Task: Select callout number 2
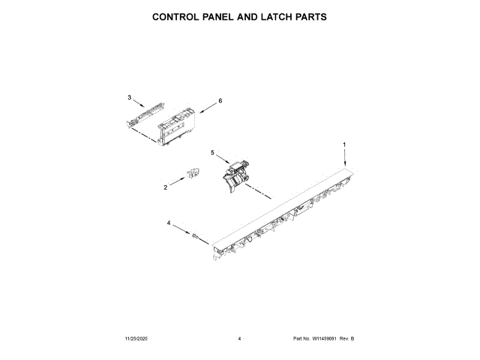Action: point(165,187)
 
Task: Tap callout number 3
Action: point(129,97)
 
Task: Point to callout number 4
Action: point(168,223)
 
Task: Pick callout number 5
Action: point(212,152)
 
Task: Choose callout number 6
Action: point(220,100)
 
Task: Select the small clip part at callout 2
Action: point(192,175)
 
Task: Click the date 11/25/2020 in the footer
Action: point(137,340)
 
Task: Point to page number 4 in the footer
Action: point(239,340)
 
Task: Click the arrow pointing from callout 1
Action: point(344,157)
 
